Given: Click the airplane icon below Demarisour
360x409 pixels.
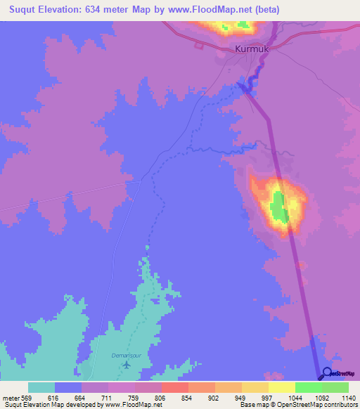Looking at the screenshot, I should pos(126,365).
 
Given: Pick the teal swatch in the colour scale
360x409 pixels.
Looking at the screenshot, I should pos(41,387).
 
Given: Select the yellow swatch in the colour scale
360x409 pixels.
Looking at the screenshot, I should pos(282,387).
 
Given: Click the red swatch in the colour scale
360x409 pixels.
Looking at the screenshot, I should pos(175,387).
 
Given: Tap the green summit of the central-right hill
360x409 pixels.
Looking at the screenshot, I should pos(279,205).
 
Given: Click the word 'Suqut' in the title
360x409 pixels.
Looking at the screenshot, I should pos(21,9).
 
